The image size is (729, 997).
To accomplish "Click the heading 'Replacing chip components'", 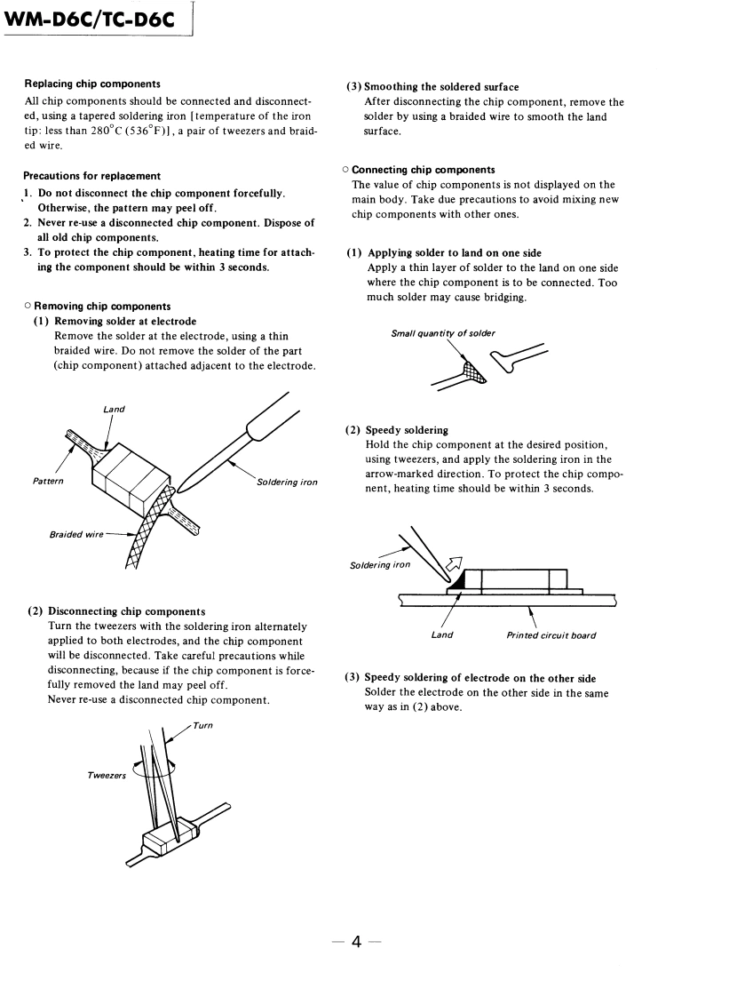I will pyautogui.click(x=92, y=84).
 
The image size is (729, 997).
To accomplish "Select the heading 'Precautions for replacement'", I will pyautogui.click(x=92, y=176).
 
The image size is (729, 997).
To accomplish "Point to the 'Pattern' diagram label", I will pyautogui.click(x=44, y=481).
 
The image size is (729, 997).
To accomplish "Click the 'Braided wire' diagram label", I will pyautogui.click(x=68, y=535).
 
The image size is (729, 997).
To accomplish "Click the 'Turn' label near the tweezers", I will pyautogui.click(x=202, y=725).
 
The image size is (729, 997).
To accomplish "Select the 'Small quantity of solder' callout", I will pyautogui.click(x=443, y=334).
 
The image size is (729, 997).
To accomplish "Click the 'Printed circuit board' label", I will pyautogui.click(x=551, y=634).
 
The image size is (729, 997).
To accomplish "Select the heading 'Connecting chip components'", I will pyautogui.click(x=424, y=170).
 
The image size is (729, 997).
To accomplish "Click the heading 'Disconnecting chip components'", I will pyautogui.click(x=126, y=611).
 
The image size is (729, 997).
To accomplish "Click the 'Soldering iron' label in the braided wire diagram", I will pyautogui.click(x=287, y=483).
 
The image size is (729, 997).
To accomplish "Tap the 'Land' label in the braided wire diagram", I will pyautogui.click(x=114, y=410).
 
